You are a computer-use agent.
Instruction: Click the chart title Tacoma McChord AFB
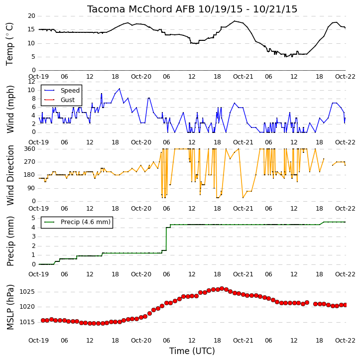click(141, 9)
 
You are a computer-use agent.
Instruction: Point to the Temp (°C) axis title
click(9, 44)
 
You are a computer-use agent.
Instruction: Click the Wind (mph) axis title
click(10, 110)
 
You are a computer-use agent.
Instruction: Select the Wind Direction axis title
click(10, 175)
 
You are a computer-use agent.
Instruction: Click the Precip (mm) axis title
click(10, 241)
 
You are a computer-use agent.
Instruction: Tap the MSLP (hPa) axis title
click(10, 307)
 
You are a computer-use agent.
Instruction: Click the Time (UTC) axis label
click(192, 351)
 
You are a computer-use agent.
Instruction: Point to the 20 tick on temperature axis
click(31, 16)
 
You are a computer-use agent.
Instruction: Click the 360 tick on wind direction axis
click(30, 149)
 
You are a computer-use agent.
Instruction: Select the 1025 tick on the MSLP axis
click(27, 292)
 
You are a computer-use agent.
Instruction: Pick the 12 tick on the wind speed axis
click(31, 82)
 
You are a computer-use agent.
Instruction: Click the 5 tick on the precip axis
click(33, 218)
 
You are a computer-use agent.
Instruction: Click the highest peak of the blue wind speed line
click(120, 89)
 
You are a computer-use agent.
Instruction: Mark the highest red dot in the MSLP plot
click(222, 288)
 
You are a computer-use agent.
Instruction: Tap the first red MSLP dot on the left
click(43, 320)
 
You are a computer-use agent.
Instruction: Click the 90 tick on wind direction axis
click(32, 188)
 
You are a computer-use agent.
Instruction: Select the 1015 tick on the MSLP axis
click(27, 322)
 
